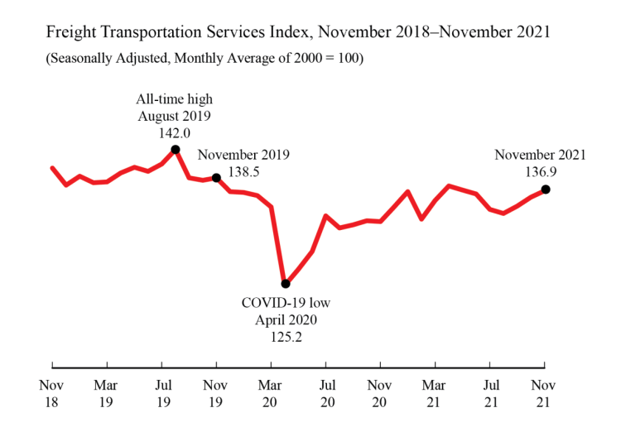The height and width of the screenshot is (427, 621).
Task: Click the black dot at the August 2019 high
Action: (176, 150)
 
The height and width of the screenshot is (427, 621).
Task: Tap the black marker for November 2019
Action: (216, 178)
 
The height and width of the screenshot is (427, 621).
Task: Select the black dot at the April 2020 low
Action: (286, 284)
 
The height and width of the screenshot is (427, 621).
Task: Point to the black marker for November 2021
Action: (545, 190)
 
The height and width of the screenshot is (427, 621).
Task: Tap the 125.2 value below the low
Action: (285, 337)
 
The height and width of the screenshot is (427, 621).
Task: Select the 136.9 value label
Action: (540, 171)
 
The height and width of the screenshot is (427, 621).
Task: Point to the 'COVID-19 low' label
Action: (285, 302)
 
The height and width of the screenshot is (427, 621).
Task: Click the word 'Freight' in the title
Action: (69, 35)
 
